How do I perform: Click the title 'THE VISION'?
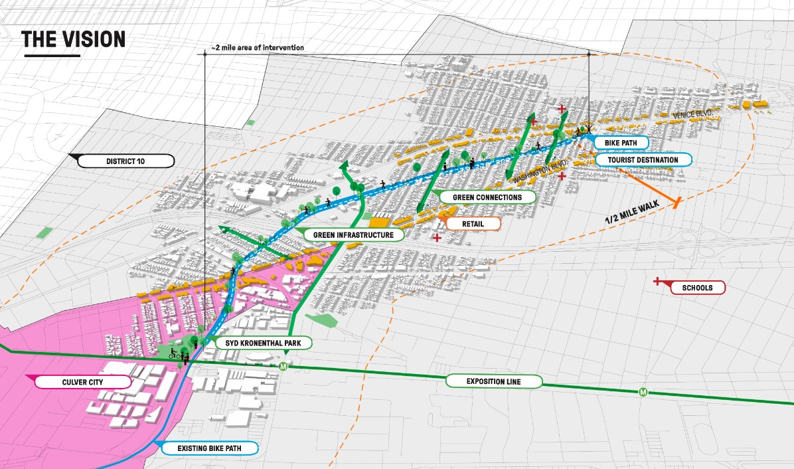pos(73,40)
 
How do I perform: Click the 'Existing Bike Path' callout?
pos(208,449)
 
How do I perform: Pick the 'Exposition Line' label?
pos(493,381)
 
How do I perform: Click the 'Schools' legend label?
pos(696,288)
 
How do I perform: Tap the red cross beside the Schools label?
pos(657,282)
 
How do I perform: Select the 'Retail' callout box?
pos(473,224)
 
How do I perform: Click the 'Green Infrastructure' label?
pos(353,235)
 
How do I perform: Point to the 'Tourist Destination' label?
pos(643,159)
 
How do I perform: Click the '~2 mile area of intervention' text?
pos(258,48)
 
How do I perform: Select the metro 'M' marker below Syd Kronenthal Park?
pos(284,367)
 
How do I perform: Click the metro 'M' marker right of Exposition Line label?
pos(643,392)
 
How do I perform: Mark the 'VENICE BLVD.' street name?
pos(693,116)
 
